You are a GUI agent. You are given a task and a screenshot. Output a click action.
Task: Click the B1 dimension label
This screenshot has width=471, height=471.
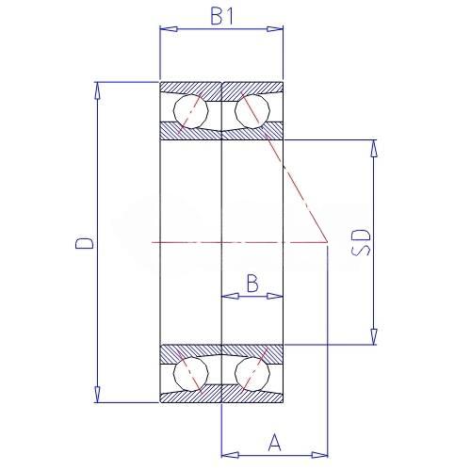(x=222, y=16)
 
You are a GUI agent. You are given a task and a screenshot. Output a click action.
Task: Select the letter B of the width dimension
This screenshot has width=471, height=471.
(x=252, y=283)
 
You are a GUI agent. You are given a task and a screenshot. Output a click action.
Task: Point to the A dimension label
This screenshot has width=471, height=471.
(x=275, y=442)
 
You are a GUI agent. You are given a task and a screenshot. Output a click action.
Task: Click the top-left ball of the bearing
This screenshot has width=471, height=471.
(x=191, y=110)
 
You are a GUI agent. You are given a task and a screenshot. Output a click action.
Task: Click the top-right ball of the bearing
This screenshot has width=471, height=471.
(x=252, y=110)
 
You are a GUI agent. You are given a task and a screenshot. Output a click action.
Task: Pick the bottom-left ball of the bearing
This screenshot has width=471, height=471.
(x=191, y=374)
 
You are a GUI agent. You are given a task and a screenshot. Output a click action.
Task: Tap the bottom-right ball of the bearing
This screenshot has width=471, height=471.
(x=252, y=374)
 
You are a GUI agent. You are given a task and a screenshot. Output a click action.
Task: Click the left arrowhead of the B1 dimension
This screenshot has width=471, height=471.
(x=169, y=29)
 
